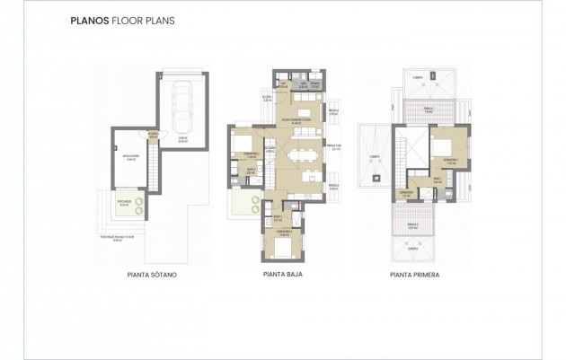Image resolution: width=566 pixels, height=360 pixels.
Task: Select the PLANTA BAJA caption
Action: (282, 277)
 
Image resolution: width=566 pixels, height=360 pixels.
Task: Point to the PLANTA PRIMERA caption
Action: (415, 277)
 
